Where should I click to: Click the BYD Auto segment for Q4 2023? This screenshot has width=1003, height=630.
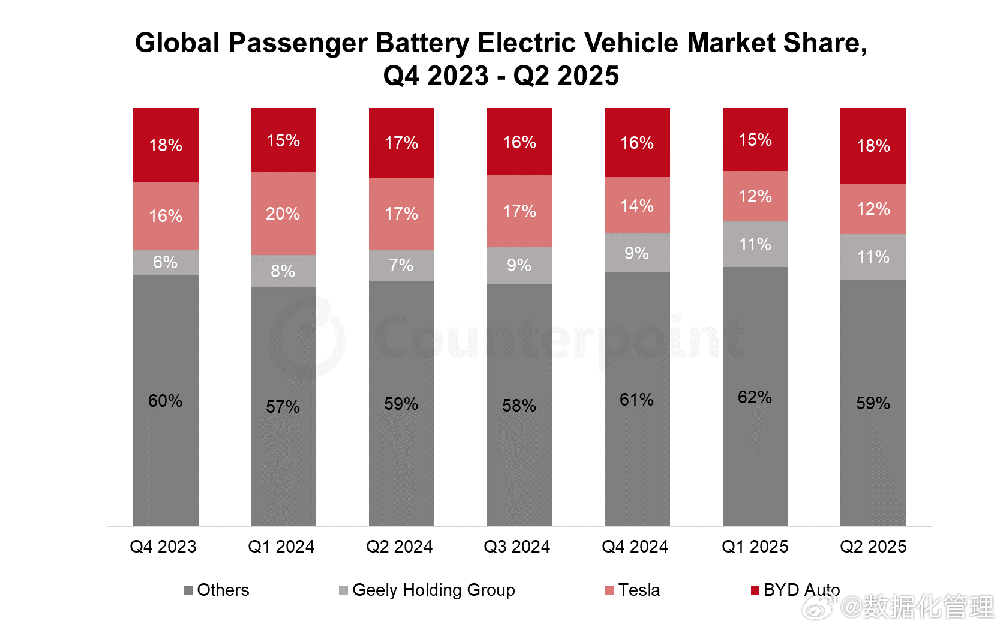166,145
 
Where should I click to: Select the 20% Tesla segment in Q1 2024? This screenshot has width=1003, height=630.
283,214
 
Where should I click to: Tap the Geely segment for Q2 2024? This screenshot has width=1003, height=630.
401,265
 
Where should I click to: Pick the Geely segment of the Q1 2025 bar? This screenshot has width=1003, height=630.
755,244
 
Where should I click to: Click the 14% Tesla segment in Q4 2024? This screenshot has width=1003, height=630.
637,205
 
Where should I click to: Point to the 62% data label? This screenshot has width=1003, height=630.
755,397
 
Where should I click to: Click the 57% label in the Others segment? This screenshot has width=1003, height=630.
283,407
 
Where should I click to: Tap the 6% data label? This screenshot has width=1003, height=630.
165,262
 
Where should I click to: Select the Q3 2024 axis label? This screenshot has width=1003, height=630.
517,547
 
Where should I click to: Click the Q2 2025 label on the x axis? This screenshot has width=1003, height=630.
873,547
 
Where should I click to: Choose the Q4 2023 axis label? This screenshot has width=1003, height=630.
163,547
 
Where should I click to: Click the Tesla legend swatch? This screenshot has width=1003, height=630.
610,591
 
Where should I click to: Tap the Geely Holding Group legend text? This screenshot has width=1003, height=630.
434,590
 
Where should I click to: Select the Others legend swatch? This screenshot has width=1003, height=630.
188,591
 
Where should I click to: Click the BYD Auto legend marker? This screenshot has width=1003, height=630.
755,591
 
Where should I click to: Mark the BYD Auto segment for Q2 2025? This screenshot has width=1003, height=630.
873,146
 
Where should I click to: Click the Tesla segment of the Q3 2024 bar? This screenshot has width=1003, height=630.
519,211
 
